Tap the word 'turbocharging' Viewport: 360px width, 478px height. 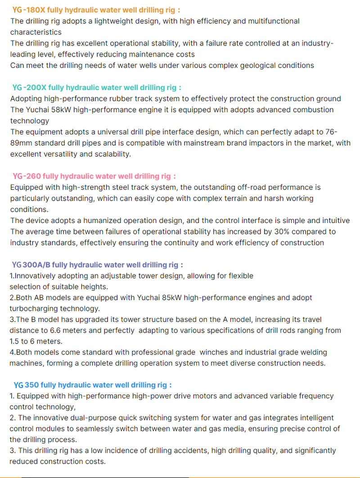[x=31, y=308]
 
